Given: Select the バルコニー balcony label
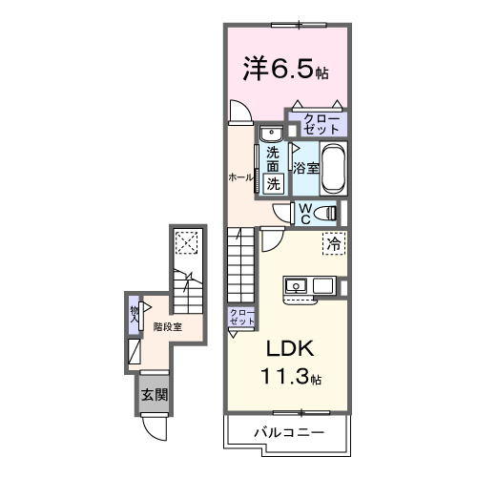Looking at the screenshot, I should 288,432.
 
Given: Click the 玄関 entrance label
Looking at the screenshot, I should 154,394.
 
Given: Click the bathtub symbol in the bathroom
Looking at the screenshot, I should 332,170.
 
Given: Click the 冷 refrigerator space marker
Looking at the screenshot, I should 333,244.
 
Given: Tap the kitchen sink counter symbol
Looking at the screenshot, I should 308,284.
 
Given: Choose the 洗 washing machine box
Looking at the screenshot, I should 273,184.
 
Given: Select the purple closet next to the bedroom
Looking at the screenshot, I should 320,124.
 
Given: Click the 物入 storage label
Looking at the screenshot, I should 135,313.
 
